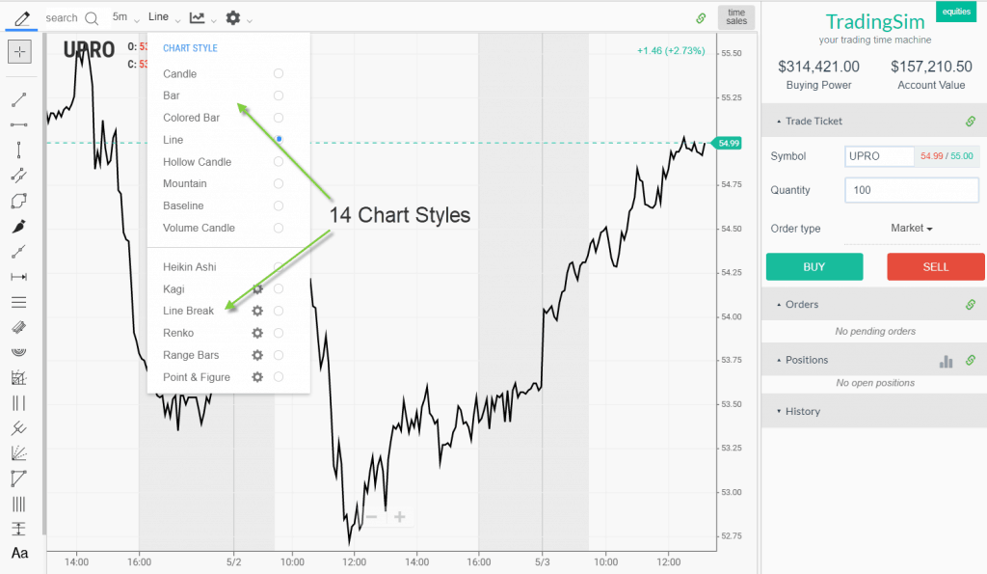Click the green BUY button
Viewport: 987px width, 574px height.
tap(814, 267)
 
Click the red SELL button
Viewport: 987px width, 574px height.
tap(935, 267)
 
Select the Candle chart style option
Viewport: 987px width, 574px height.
tap(180, 73)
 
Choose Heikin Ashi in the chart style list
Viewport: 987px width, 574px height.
tap(190, 267)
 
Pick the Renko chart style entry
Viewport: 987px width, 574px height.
tap(178, 333)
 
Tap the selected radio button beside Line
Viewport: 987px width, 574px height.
tap(279, 140)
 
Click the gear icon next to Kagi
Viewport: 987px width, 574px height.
tap(257, 288)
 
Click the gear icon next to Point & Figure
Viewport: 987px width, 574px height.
tap(257, 377)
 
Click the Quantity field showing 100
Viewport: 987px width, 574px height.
tap(911, 190)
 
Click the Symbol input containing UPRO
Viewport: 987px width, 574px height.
tap(879, 156)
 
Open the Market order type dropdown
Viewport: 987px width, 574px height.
tap(912, 229)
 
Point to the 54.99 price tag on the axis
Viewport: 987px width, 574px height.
tap(729, 143)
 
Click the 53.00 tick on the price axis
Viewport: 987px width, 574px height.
tap(733, 492)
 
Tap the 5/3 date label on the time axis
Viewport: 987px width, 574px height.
tap(543, 561)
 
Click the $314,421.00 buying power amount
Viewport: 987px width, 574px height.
tap(818, 67)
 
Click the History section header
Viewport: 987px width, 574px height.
tap(802, 411)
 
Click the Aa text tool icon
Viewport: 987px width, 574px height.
tap(19, 553)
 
